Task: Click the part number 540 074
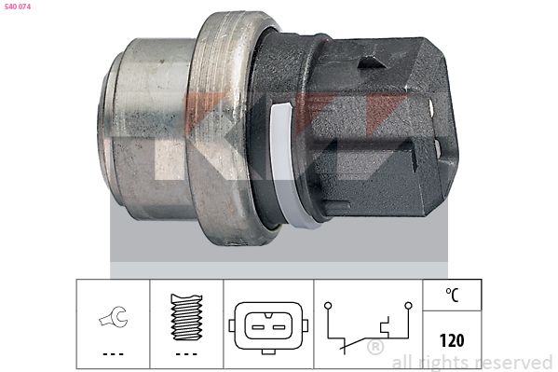[17, 7]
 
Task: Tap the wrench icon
[113, 317]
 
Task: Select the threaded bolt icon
[186, 317]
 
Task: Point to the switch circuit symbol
[368, 328]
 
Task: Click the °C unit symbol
[452, 295]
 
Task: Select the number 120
[452, 340]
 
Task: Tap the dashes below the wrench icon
[113, 354]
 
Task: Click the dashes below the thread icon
[186, 354]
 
